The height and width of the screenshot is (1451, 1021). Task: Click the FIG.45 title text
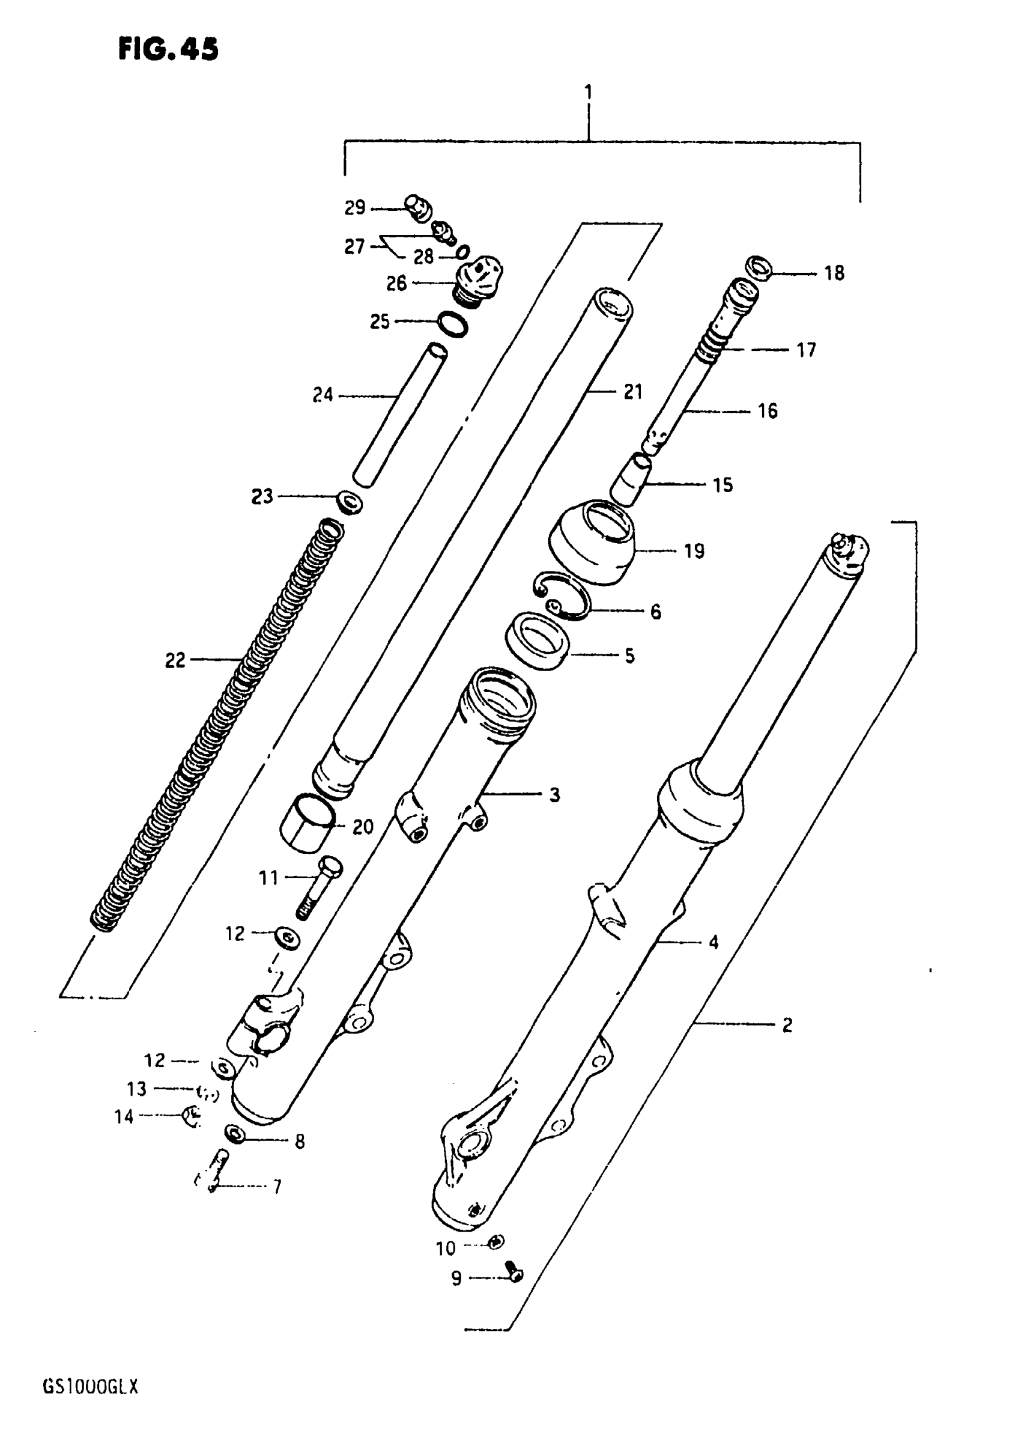click(168, 49)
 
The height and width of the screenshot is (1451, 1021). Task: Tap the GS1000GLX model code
click(89, 1387)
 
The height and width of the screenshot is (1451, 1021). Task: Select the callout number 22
click(175, 660)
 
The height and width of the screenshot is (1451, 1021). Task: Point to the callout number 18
click(834, 273)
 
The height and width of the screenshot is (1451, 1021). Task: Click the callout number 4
click(713, 942)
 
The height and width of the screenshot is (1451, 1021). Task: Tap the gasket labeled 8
click(235, 1133)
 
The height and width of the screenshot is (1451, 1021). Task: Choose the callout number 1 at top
click(588, 93)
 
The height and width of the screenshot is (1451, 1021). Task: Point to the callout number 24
click(323, 395)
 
